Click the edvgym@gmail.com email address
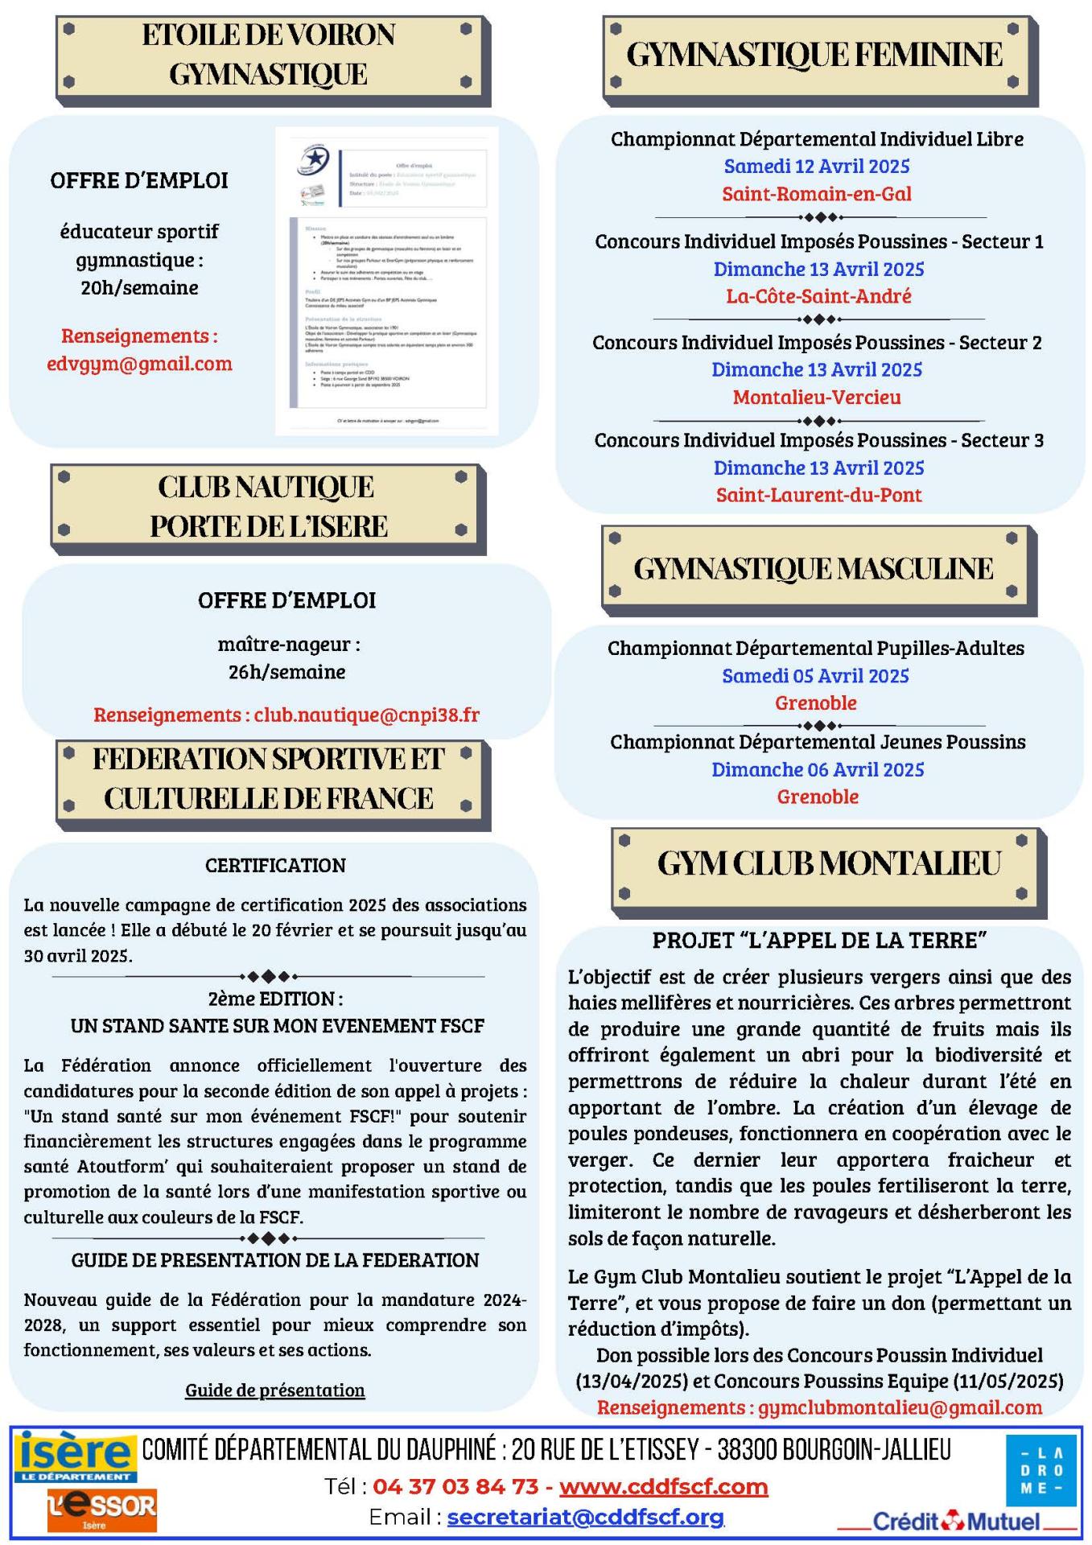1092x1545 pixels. [x=139, y=363]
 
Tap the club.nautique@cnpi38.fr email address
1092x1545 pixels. [x=367, y=715]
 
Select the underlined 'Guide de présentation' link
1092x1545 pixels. [x=275, y=1390]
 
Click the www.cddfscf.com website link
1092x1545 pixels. [x=663, y=1486]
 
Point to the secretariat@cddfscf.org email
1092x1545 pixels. [x=586, y=1517]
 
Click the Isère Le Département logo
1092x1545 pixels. [x=75, y=1456]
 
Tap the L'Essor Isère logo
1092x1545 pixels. [x=101, y=1509]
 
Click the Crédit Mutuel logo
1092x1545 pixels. [x=956, y=1521]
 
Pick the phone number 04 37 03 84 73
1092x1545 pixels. [x=455, y=1486]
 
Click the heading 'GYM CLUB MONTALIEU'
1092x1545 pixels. [x=828, y=863]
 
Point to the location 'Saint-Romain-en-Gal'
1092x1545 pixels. [x=817, y=194]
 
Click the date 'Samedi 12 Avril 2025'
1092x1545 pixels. [x=817, y=167]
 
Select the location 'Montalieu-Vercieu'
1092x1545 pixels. [x=817, y=397]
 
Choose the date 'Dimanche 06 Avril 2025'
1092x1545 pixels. [x=818, y=769]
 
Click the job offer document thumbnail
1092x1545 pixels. [x=386, y=281]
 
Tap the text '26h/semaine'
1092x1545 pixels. [x=287, y=671]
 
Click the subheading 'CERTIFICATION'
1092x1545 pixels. [x=275, y=865]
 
